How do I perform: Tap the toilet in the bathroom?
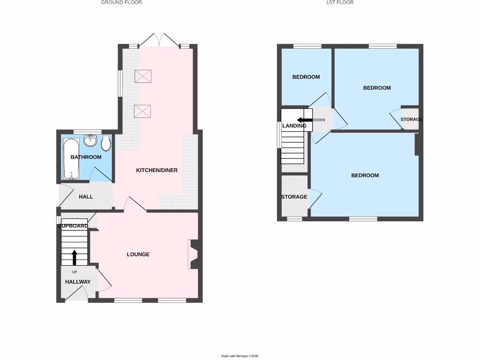(106, 142)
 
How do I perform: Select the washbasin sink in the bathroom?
(90, 141)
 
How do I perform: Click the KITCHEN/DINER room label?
(157, 170)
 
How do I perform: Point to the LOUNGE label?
(138, 254)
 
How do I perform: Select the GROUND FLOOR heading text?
(121, 2)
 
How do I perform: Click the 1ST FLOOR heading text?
(340, 2)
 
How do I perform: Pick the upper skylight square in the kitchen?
(142, 76)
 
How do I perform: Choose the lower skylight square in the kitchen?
(142, 111)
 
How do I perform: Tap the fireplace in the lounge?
(193, 255)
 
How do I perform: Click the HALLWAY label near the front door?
(78, 282)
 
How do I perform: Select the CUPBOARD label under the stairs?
(73, 226)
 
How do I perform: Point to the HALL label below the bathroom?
(86, 196)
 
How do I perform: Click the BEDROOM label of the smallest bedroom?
(306, 77)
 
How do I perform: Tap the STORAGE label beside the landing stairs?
(294, 197)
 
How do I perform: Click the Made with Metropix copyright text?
(240, 356)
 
